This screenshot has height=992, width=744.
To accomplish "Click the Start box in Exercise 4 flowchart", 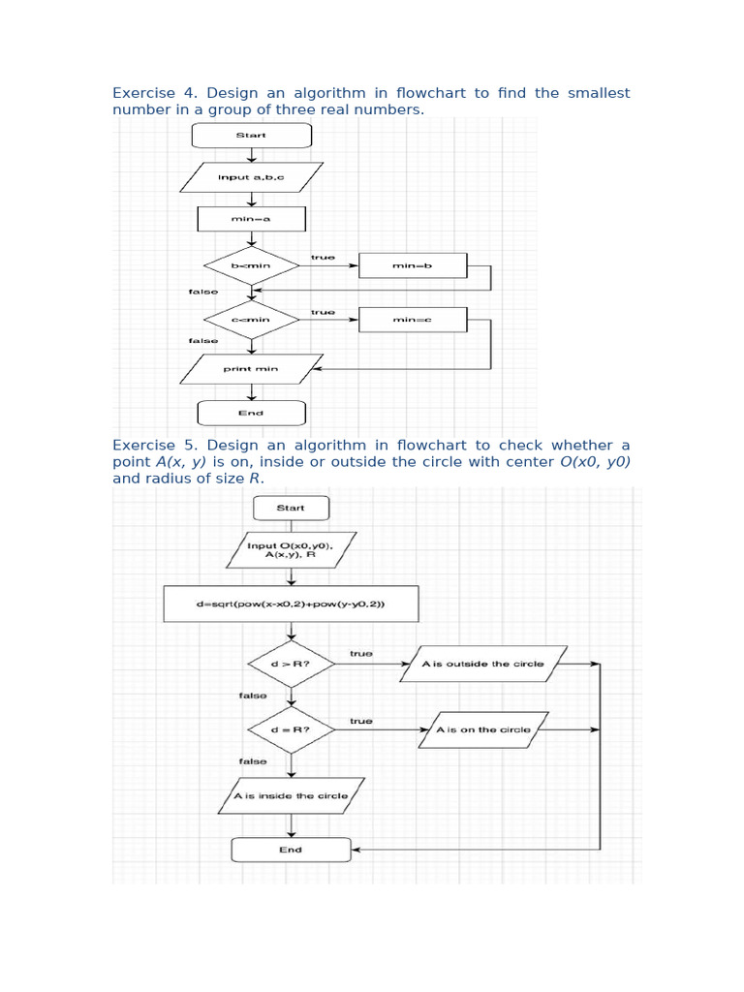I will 251,135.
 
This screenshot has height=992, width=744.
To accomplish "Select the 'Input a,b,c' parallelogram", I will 251,177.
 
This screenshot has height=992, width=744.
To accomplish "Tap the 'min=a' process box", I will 251,219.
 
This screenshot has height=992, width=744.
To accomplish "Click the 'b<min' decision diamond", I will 251,264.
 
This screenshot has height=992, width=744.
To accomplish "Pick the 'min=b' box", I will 412,264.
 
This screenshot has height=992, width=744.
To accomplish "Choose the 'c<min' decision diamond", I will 251,319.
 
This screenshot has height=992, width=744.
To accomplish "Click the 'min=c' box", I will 412,319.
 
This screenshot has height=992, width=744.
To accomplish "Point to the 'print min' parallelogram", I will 251,369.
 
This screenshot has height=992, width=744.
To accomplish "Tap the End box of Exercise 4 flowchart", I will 251,413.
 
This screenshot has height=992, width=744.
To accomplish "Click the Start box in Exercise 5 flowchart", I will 291,508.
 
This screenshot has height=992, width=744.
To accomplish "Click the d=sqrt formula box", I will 291,604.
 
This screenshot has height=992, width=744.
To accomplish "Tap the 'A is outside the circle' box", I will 483,665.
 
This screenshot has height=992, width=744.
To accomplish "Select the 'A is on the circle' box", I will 483,729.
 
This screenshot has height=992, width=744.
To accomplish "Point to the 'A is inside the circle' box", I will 291,796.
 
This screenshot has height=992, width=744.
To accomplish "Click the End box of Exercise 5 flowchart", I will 291,850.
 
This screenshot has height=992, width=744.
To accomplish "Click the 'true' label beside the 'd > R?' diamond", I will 361,654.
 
